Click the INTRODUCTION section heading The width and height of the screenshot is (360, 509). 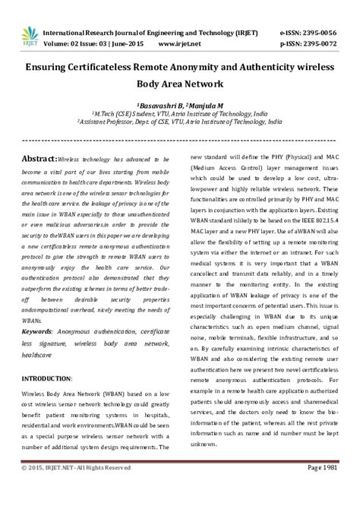point(46,378)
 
